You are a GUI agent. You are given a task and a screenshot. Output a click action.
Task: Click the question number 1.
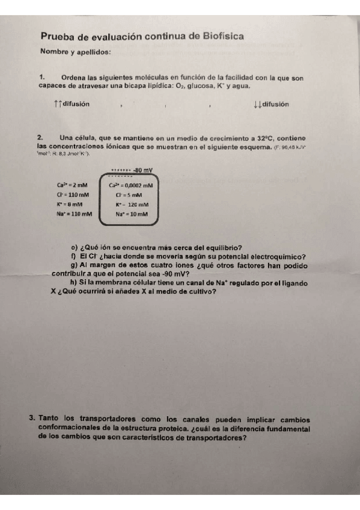pyautogui.click(x=41, y=78)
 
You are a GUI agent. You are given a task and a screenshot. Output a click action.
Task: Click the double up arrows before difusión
pyautogui.click(x=57, y=104)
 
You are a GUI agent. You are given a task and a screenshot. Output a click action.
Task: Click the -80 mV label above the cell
pyautogui.click(x=142, y=170)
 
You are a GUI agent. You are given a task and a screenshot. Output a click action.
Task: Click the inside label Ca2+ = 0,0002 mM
pyautogui.click(x=131, y=186)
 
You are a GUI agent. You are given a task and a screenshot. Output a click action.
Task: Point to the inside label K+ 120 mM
pyautogui.click(x=131, y=204)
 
